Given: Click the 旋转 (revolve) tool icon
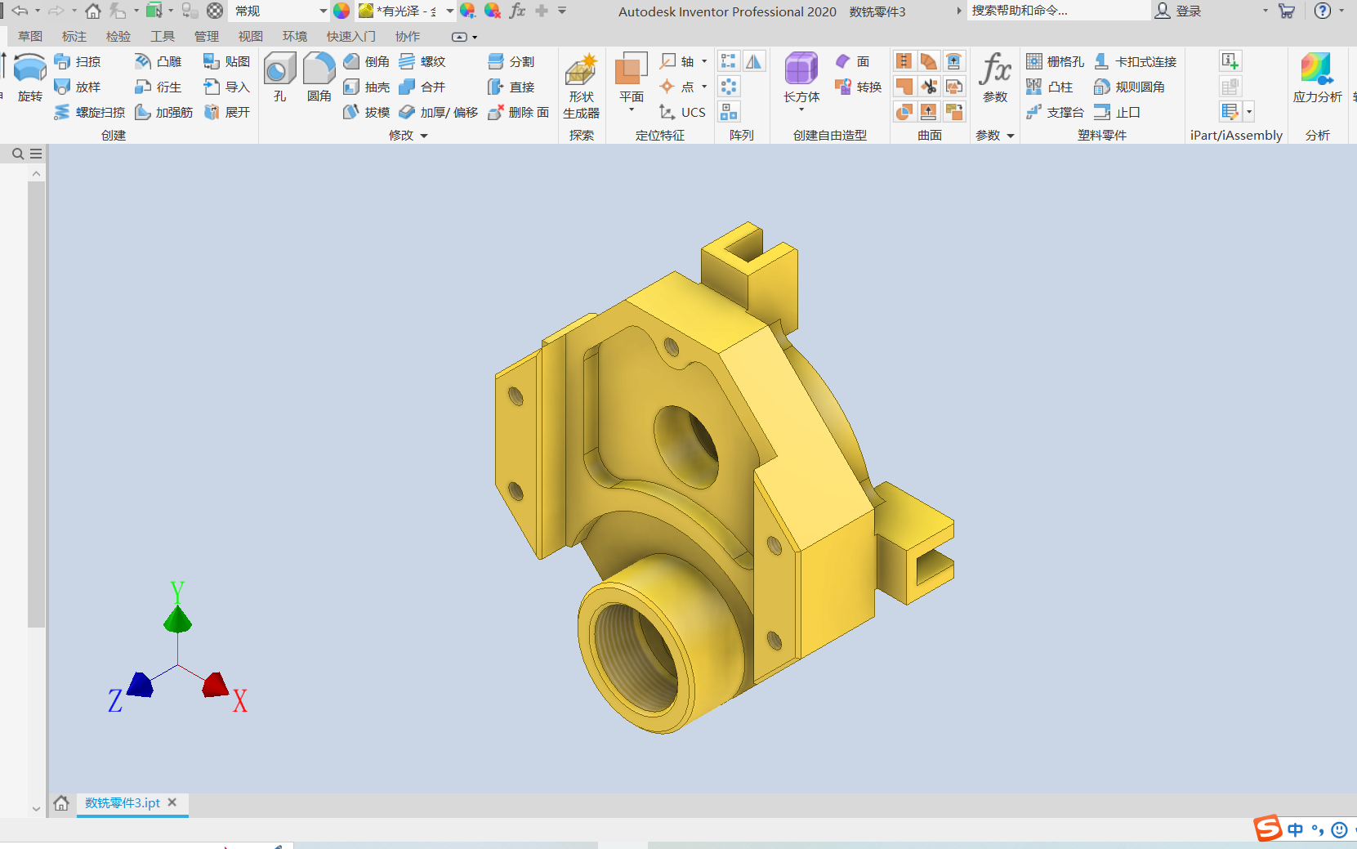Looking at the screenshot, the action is click(29, 68).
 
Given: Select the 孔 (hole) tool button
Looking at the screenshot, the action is click(279, 68).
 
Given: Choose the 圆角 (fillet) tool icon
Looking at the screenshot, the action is click(319, 68).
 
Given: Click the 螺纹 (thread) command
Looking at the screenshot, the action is click(423, 61).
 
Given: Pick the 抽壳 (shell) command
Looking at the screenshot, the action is click(367, 87).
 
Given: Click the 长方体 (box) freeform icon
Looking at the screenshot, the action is click(801, 68).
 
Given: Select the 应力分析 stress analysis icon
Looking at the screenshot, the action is click(1316, 68).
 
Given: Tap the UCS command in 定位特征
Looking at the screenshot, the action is click(682, 112).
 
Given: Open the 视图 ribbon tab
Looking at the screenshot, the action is click(250, 36).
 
